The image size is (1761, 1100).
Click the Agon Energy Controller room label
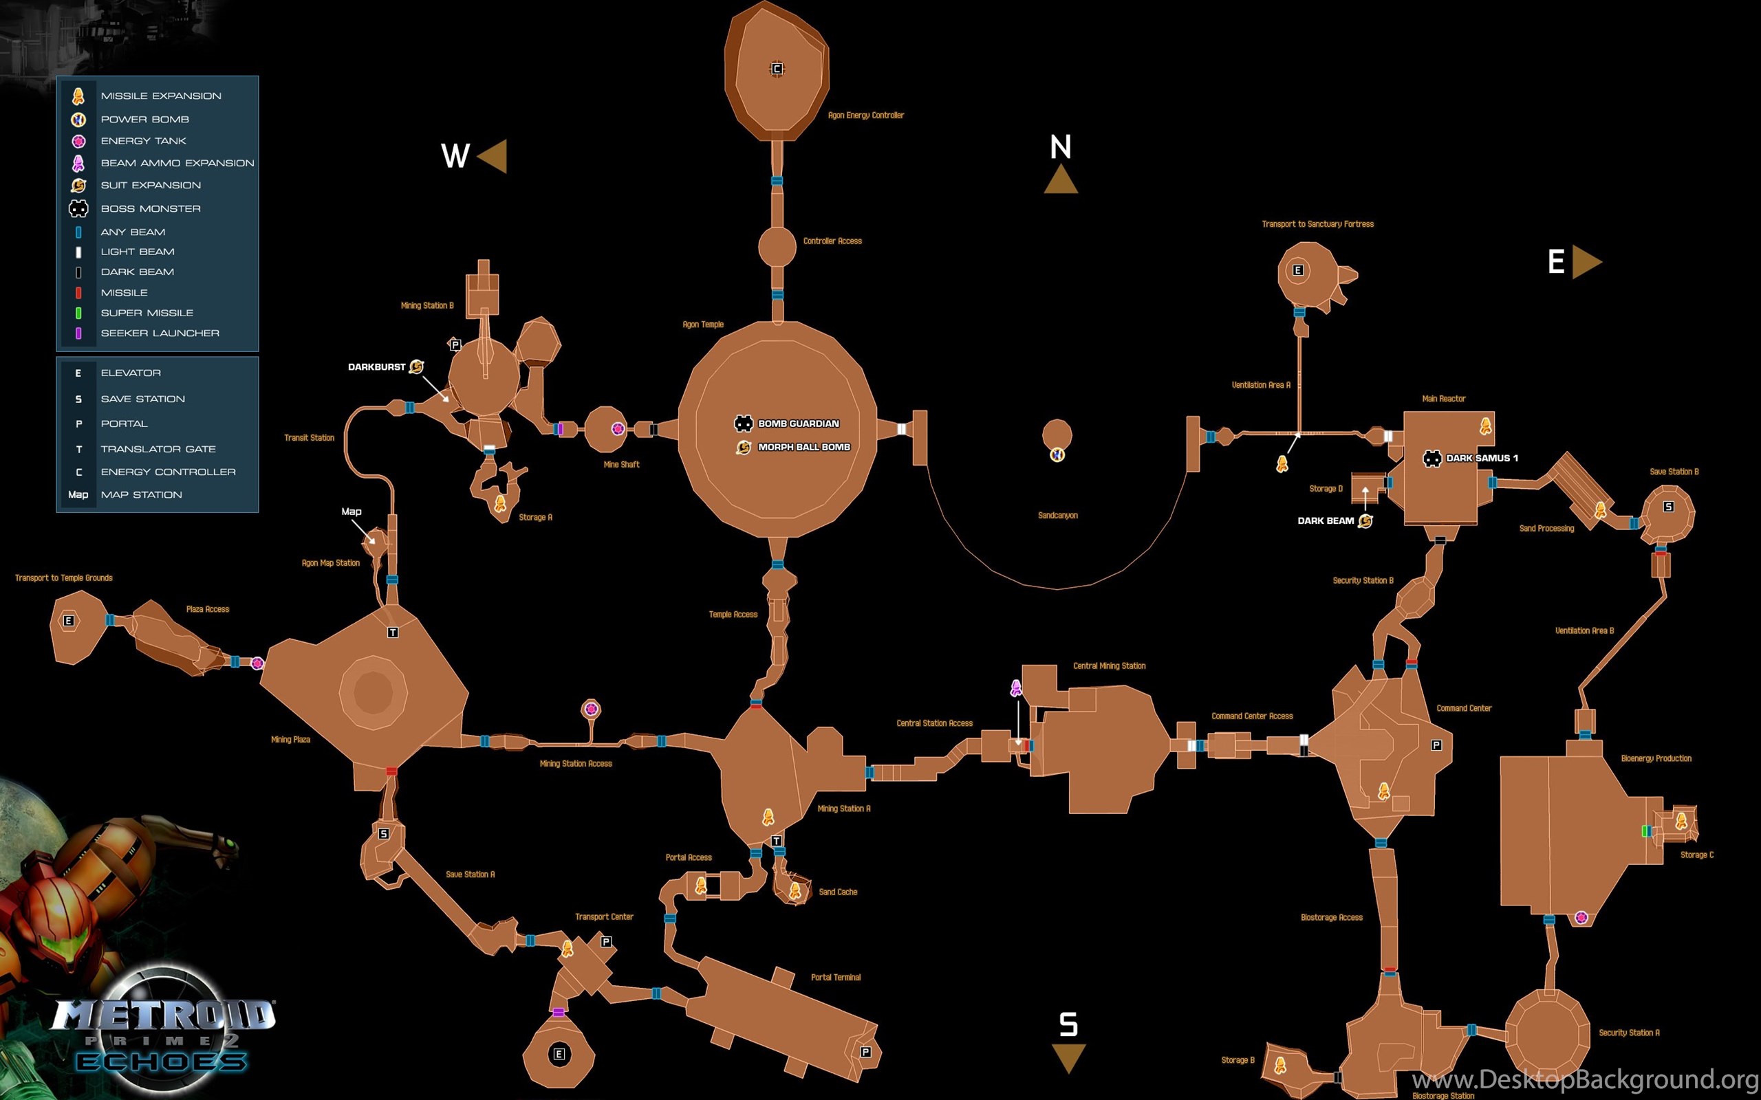pyautogui.click(x=866, y=115)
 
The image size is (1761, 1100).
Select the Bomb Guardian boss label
pyautogui.click(x=798, y=423)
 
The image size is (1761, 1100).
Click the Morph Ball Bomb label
pyautogui.click(x=804, y=447)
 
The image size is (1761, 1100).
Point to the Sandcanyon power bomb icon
pyautogui.click(x=1057, y=454)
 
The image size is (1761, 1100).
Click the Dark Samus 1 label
pyautogui.click(x=1482, y=458)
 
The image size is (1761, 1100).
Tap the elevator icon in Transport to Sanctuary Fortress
pyautogui.click(x=1297, y=271)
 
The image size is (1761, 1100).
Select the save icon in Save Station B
pyautogui.click(x=1669, y=507)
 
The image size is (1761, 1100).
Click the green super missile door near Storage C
pyautogui.click(x=1645, y=830)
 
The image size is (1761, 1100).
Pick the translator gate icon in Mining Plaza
pyautogui.click(x=393, y=632)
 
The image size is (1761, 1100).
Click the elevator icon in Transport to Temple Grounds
pyautogui.click(x=68, y=621)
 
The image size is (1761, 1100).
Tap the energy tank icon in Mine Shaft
pyautogui.click(x=618, y=428)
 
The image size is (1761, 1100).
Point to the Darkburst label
pyautogui.click(x=376, y=366)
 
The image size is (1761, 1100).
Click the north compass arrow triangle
pyautogui.click(x=1060, y=179)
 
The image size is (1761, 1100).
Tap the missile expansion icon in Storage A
pyautogui.click(x=500, y=503)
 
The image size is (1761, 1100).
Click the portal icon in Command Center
pyautogui.click(x=1436, y=745)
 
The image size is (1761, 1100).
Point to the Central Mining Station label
pyautogui.click(x=1109, y=665)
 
